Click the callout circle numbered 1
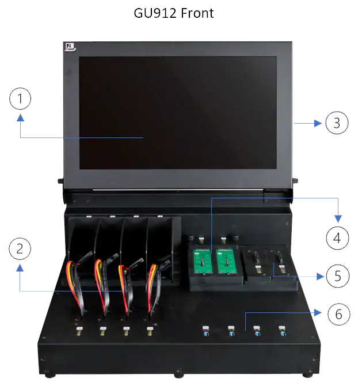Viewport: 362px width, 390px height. coord(20,100)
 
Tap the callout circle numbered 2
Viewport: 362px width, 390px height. coord(20,249)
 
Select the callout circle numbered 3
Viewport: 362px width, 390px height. coord(337,123)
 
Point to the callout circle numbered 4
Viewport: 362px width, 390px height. coord(337,236)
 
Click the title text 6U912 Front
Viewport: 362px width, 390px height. coord(174,13)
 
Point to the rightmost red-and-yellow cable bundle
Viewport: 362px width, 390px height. coord(153,282)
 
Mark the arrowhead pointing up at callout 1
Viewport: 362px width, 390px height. coord(20,117)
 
